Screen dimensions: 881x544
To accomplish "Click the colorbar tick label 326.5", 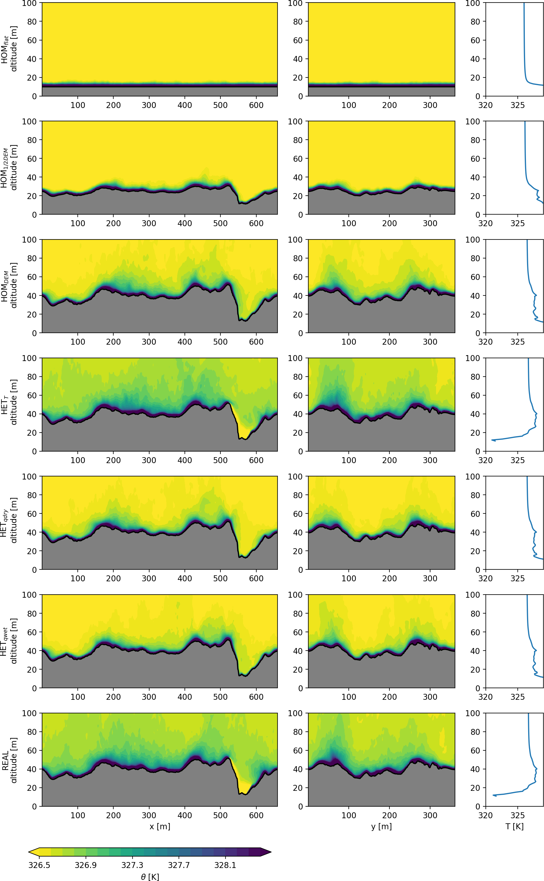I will (39, 865).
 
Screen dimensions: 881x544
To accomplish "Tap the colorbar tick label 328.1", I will (225, 865).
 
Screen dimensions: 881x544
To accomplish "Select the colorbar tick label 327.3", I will (133, 865).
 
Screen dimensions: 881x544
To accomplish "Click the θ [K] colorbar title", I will (150, 877).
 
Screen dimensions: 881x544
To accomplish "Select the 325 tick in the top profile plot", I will (517, 105).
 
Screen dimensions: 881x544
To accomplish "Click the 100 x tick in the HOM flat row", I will (78, 105).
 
